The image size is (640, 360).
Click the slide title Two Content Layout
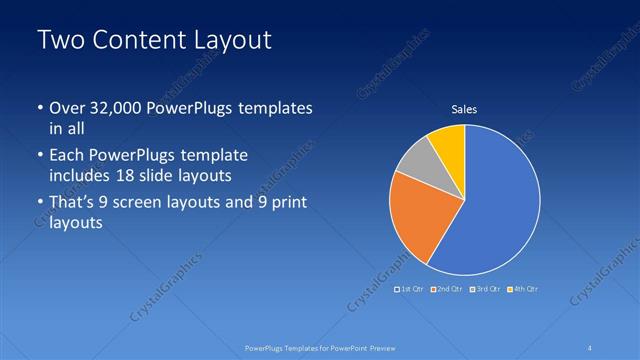click(154, 40)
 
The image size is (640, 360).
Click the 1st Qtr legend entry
click(410, 289)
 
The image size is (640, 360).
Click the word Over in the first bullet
click(66, 108)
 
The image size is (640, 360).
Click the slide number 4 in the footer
click(591, 347)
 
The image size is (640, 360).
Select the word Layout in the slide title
click(234, 40)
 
